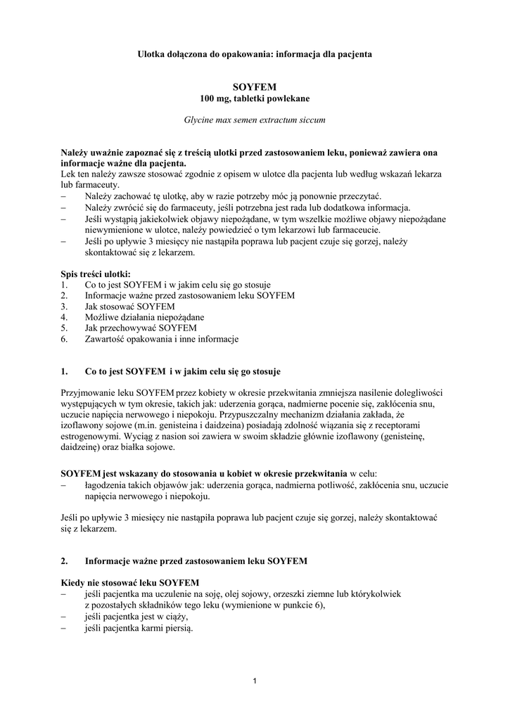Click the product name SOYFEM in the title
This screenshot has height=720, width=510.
click(x=255, y=86)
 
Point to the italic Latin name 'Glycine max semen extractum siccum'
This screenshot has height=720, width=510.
click(x=255, y=120)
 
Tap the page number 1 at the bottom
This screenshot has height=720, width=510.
click(x=255, y=681)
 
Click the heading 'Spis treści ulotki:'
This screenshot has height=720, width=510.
click(x=96, y=273)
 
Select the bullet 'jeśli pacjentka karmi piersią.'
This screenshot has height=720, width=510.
click(x=138, y=627)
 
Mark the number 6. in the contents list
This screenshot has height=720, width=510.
click(x=64, y=339)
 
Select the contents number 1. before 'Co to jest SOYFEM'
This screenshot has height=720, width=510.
click(x=64, y=285)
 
